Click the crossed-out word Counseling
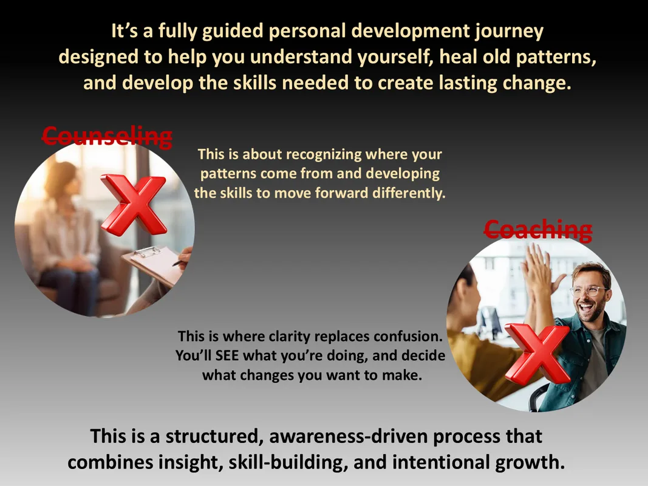(107, 137)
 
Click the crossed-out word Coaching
(538, 230)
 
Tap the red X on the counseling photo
(134, 204)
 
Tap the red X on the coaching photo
(537, 354)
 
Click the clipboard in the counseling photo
(154, 264)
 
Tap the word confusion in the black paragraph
(408, 337)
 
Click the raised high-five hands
(537, 269)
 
